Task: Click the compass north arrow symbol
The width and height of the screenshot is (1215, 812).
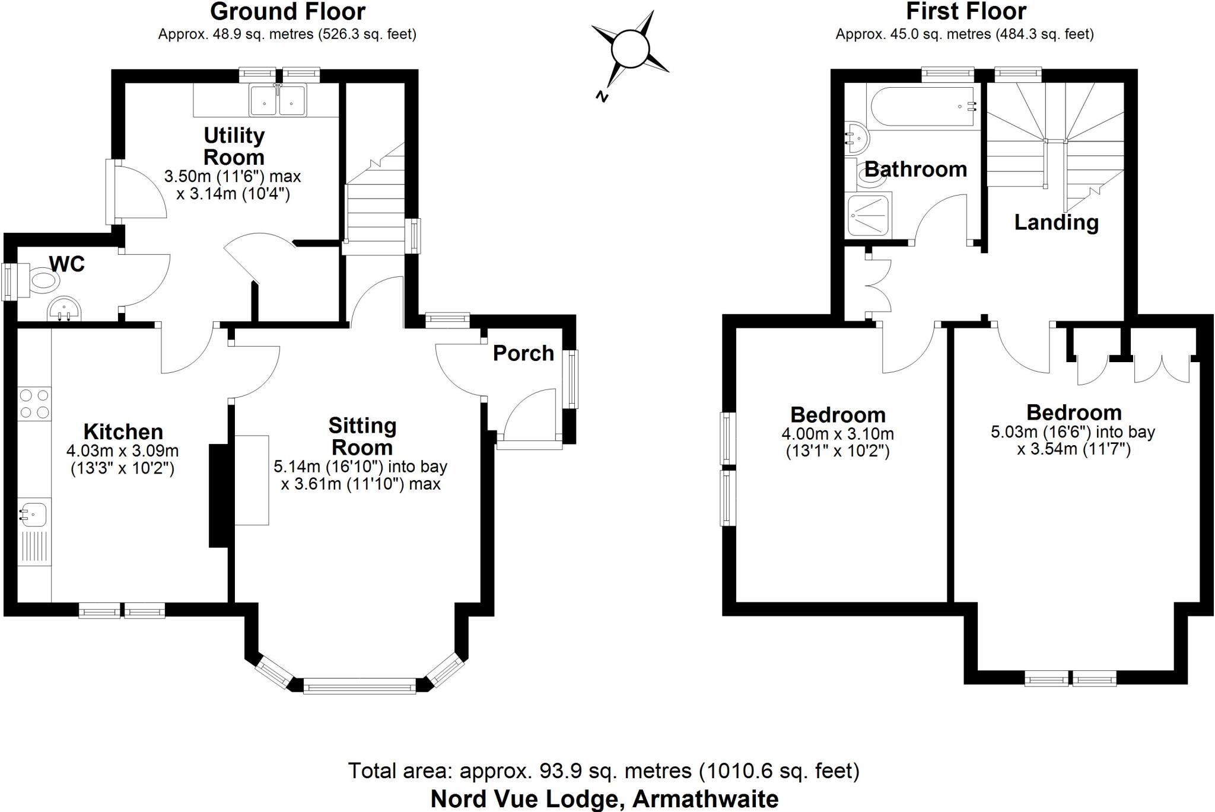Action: coord(629,51)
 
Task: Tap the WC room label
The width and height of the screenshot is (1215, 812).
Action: coord(67,264)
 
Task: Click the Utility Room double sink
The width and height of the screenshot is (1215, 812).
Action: coord(278,100)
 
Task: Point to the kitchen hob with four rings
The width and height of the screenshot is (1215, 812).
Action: coord(34,404)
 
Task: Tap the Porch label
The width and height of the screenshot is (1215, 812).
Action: coord(523,353)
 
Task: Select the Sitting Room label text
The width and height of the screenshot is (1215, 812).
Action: coord(362,436)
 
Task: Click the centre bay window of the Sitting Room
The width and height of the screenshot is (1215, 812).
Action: coord(360,687)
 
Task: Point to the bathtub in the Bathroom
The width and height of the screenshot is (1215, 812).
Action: coord(921,107)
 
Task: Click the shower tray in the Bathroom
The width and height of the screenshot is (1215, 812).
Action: coord(869,215)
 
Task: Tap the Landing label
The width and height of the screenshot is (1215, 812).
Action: coord(1056,222)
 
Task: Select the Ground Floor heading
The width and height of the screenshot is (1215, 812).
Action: coord(288,12)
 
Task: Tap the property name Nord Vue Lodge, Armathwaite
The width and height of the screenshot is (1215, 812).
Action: coord(604,799)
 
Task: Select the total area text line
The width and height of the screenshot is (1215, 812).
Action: coord(603,771)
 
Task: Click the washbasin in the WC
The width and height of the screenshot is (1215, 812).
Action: coord(65,309)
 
